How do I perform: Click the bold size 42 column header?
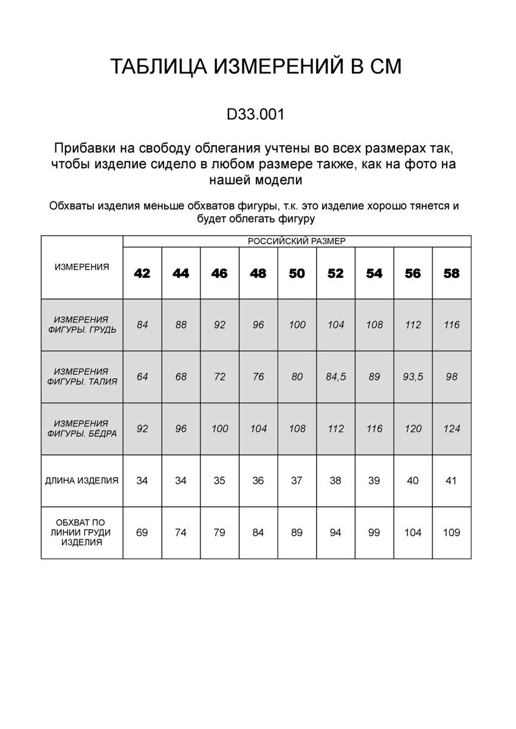[x=142, y=273]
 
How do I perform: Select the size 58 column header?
[x=452, y=273]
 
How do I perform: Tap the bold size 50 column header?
[x=297, y=273]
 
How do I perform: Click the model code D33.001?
[x=255, y=114]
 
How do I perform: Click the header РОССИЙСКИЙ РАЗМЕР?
[x=297, y=241]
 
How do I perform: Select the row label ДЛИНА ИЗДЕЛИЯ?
[x=82, y=481]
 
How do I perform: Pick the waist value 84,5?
[x=335, y=377]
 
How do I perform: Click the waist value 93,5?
[x=413, y=377]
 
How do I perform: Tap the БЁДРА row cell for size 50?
[x=297, y=429]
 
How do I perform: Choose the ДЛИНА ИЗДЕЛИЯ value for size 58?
[x=452, y=481]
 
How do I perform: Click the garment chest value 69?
[x=142, y=533]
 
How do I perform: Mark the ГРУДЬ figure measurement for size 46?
[x=219, y=325]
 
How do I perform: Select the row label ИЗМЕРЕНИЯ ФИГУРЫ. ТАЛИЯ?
[x=82, y=377]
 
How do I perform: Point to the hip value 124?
[x=452, y=429]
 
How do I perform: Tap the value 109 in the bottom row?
[x=452, y=533]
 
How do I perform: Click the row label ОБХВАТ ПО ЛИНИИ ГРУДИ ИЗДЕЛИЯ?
[x=82, y=533]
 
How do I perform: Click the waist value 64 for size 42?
[x=142, y=377]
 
